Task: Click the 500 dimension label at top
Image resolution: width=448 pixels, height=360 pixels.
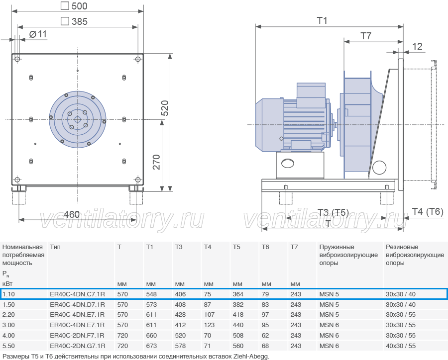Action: tap(79, 6)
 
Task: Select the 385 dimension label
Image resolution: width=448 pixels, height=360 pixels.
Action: tap(80, 21)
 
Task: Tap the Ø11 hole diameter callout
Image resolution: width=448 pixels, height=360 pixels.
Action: tap(38, 34)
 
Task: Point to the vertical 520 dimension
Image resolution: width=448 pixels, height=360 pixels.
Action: tap(165, 108)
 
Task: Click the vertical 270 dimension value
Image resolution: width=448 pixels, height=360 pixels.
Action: tap(156, 162)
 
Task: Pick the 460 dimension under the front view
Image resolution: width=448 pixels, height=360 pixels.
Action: tap(71, 214)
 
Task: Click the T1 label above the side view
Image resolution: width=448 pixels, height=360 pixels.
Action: tap(322, 20)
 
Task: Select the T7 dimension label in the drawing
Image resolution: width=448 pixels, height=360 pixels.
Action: tap(366, 36)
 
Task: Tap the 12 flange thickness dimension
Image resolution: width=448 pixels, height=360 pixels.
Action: tap(417, 46)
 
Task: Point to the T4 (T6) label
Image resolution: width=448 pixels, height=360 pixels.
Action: tap(428, 211)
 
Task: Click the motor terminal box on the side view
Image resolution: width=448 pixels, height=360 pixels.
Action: tap(311, 95)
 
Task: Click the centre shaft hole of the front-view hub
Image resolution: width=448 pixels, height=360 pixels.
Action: tap(78, 119)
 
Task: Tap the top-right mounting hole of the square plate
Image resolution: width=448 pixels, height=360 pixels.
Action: tap(138, 59)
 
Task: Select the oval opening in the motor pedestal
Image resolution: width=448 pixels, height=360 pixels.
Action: tap(287, 163)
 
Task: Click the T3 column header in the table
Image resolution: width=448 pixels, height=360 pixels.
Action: tap(179, 247)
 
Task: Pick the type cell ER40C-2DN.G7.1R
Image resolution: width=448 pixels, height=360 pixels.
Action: tap(78, 346)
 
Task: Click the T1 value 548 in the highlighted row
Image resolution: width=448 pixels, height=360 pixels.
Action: tap(151, 294)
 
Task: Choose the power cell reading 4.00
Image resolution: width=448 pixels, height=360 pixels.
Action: tap(8, 336)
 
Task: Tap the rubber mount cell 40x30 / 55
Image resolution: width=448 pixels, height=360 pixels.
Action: tap(401, 346)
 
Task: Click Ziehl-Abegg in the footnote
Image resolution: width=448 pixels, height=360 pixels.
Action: tap(251, 357)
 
